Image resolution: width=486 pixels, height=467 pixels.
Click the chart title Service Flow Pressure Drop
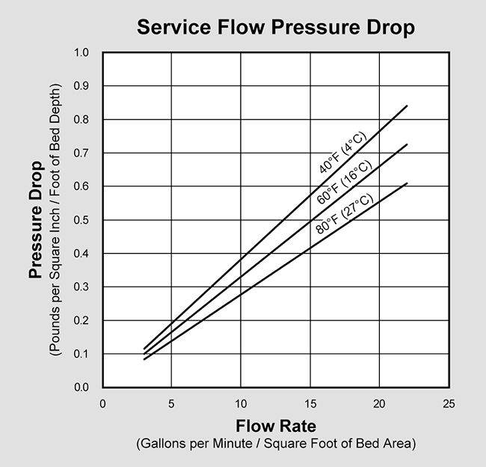pyautogui.click(x=274, y=28)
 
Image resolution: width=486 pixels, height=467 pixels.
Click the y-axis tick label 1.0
pyautogui.click(x=81, y=53)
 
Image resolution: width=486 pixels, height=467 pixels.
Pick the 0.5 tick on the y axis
pyautogui.click(x=81, y=220)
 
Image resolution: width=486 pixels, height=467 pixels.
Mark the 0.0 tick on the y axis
pyautogui.click(x=81, y=388)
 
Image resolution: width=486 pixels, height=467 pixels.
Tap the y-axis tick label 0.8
pyautogui.click(x=81, y=120)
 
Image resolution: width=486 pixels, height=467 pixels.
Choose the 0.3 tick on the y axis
pyautogui.click(x=81, y=287)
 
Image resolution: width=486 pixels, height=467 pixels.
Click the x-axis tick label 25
pyautogui.click(x=449, y=403)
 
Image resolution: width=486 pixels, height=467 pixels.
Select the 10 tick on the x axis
pyautogui.click(x=241, y=403)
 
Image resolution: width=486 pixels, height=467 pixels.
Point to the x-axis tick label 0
pyautogui.click(x=102, y=403)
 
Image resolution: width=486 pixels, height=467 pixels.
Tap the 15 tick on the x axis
pyautogui.click(x=310, y=403)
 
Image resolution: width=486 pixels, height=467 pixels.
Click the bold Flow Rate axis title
pyautogui.click(x=275, y=427)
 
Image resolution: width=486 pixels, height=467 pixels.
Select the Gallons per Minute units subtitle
pyautogui.click(x=275, y=444)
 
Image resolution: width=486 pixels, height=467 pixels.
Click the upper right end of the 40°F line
pyautogui.click(x=407, y=106)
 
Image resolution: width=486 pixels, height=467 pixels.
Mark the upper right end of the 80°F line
pyautogui.click(x=407, y=183)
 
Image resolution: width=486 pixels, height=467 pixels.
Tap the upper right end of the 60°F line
pyautogui.click(x=407, y=144)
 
